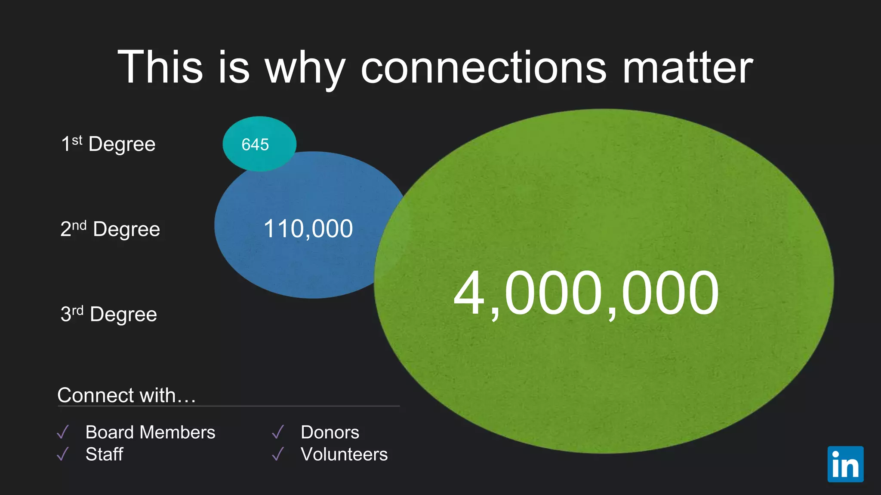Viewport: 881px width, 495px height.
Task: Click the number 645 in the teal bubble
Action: [255, 145]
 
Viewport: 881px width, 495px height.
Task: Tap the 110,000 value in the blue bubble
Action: [308, 229]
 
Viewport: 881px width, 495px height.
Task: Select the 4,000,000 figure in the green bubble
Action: [586, 293]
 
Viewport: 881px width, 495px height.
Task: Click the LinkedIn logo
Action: [845, 464]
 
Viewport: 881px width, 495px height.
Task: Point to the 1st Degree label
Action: [108, 144]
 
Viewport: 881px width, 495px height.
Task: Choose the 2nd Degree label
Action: [110, 229]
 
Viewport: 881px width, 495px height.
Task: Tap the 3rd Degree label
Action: [109, 314]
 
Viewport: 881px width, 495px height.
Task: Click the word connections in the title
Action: [484, 67]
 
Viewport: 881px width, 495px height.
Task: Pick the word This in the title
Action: [160, 67]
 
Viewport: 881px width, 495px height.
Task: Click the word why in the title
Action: [305, 69]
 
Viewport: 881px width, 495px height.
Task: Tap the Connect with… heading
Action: [126, 395]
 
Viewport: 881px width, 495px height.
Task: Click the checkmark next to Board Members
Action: [63, 432]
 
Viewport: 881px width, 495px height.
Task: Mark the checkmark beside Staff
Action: [63, 454]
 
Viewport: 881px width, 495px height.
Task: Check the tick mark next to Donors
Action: [278, 432]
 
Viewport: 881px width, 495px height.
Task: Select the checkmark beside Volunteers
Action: [278, 454]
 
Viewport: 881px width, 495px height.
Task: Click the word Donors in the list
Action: [330, 432]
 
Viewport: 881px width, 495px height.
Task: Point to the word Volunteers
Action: [344, 454]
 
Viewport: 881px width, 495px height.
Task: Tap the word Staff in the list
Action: [105, 454]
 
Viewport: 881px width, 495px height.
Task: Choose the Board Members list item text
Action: [150, 432]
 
